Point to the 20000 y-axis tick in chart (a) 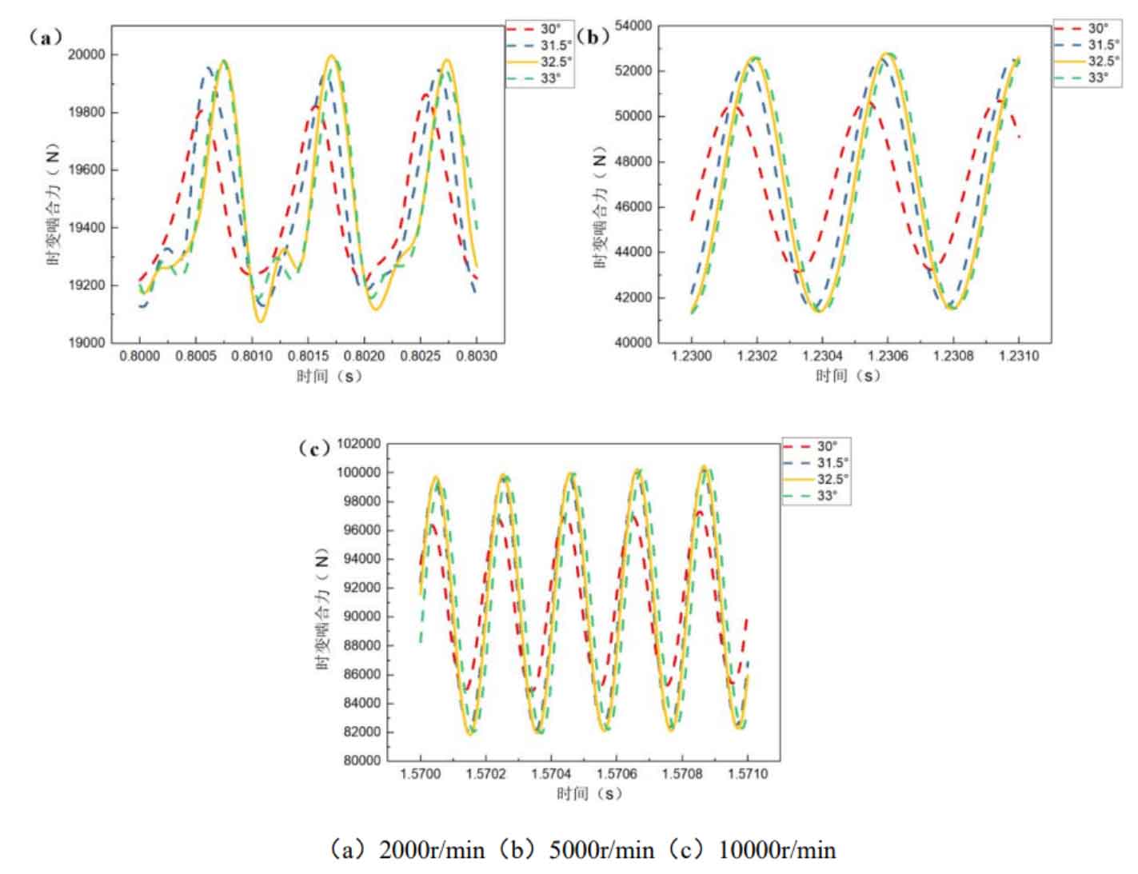(85, 54)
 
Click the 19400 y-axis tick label (85, 228)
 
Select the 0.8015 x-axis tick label (308, 356)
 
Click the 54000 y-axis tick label (633, 26)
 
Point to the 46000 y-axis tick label (633, 207)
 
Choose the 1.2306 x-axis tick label (887, 356)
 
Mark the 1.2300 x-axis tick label (691, 356)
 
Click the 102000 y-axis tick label (357, 444)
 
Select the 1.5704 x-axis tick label (551, 774)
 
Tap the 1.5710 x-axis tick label (748, 774)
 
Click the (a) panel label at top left (45, 37)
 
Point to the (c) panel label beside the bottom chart (313, 448)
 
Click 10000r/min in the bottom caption (777, 849)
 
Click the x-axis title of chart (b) (848, 376)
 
